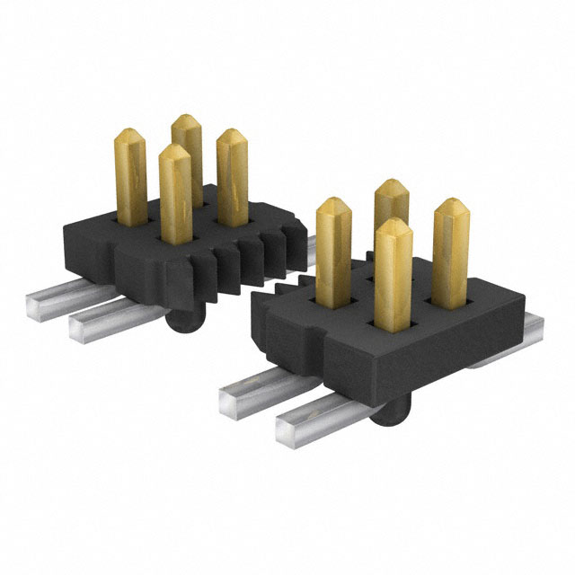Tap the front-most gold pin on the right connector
393,274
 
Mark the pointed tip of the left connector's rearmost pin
185,120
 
